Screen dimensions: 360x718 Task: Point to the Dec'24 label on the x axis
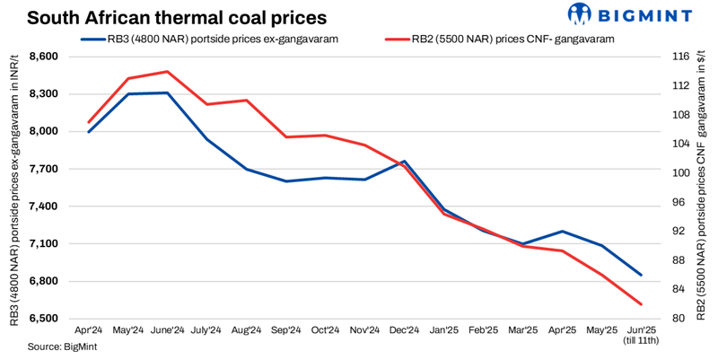click(x=404, y=331)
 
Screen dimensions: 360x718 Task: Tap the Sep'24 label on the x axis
click(x=285, y=331)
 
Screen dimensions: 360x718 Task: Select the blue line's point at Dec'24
click(x=404, y=162)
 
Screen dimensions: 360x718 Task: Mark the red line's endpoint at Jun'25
click(x=640, y=304)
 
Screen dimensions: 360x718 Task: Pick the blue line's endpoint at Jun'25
click(x=640, y=275)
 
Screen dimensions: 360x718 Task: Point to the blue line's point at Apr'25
click(x=562, y=232)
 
